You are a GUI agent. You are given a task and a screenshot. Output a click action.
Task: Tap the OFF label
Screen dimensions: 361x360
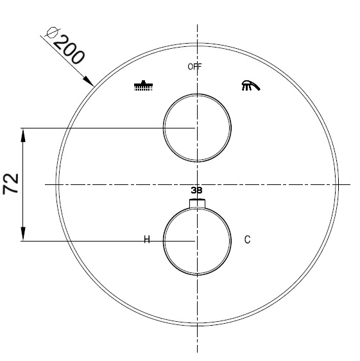195,67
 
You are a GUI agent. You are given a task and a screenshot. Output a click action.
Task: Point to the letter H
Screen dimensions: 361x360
146,240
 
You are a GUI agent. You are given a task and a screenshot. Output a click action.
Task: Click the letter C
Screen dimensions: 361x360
248,240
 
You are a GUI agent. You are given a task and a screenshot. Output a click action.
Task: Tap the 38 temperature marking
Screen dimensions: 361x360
196,191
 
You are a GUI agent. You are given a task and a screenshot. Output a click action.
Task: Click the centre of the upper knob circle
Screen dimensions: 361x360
196,127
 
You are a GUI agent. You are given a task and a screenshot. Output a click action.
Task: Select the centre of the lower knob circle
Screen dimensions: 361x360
196,241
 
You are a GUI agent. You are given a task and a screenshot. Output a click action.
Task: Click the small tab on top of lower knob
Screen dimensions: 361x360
197,204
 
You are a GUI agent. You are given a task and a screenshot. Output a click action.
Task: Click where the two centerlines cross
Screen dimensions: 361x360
197,185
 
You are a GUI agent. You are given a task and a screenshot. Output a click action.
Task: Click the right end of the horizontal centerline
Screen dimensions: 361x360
350,185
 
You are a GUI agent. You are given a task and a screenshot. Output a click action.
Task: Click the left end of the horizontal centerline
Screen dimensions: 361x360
46,185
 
